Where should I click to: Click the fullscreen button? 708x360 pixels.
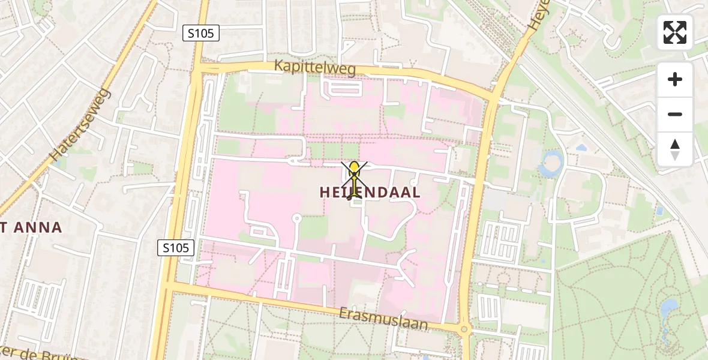tap(675, 32)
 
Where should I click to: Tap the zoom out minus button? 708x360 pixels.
tap(675, 114)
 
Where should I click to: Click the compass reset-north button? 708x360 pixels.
tap(675, 149)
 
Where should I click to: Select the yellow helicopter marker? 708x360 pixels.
tap(355, 178)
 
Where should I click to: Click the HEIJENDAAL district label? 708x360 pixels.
tap(370, 193)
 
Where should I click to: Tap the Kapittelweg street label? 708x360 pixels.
tap(315, 67)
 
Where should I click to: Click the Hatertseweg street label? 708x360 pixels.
tap(80, 125)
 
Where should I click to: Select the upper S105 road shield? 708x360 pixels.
tap(201, 34)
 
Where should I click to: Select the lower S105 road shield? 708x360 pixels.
tap(176, 247)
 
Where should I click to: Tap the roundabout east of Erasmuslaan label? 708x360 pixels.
tap(464, 329)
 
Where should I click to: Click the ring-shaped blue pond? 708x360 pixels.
tap(551, 164)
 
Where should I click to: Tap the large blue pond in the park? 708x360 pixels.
tap(668, 310)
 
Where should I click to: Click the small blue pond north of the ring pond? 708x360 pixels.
tap(581, 147)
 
